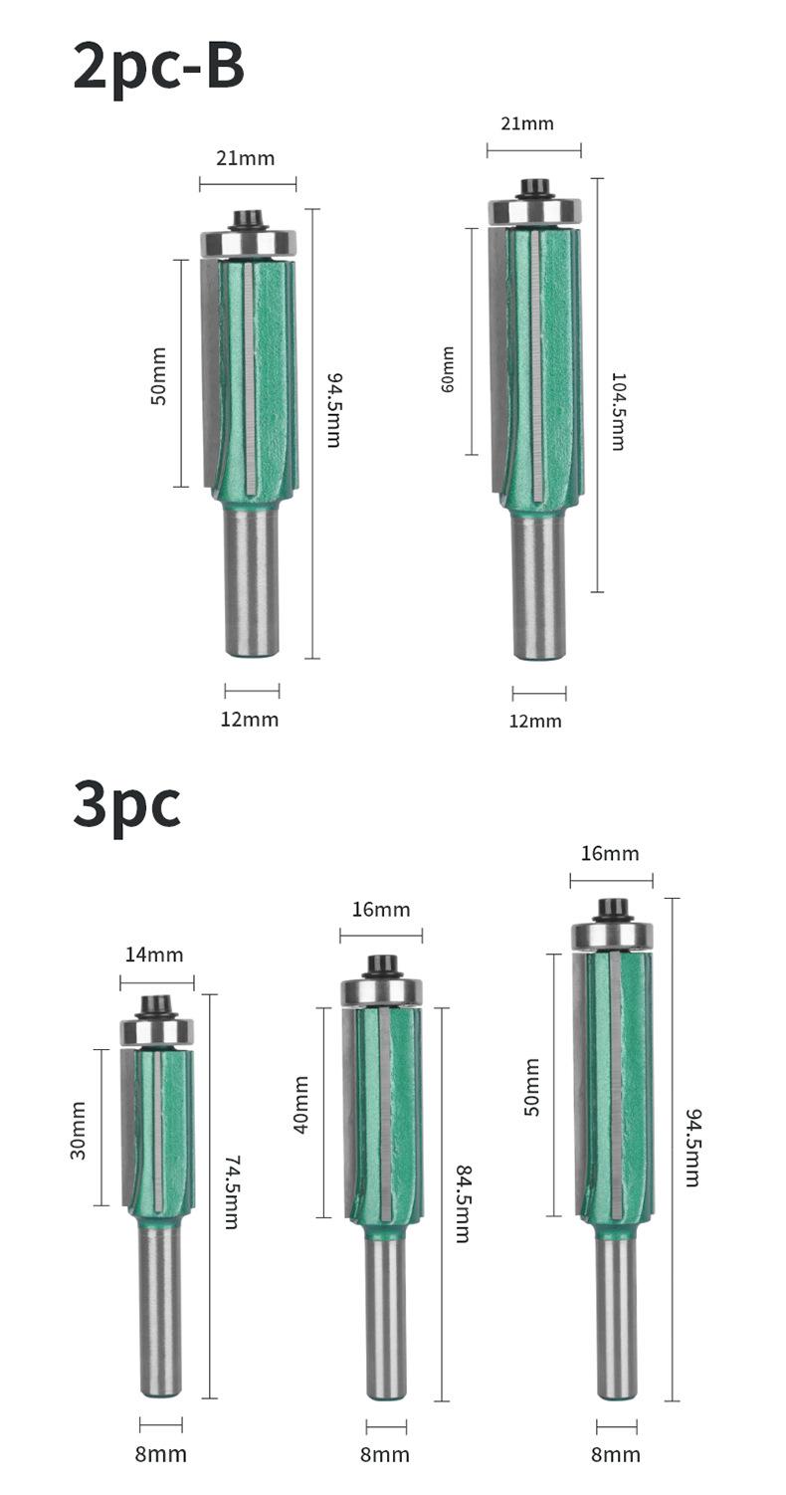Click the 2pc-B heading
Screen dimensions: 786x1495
(159, 67)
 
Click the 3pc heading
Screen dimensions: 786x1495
(126, 804)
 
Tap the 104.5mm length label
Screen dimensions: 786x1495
(618, 411)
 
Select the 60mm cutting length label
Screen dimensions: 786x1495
(447, 369)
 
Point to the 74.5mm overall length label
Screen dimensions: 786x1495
(231, 1192)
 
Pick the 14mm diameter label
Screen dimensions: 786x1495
(154, 955)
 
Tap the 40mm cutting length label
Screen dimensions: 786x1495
(300, 1114)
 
